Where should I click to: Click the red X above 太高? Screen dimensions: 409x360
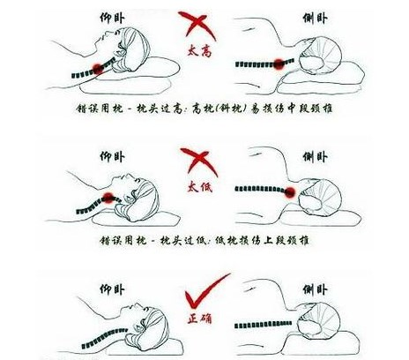(x=197, y=26)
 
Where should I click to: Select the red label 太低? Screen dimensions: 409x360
(x=200, y=187)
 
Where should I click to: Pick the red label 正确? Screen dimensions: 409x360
(x=200, y=319)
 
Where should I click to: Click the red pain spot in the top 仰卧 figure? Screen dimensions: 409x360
(x=99, y=69)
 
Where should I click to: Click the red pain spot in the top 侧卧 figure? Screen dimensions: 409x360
(x=279, y=64)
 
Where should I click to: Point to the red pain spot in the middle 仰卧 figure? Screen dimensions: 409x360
(x=109, y=198)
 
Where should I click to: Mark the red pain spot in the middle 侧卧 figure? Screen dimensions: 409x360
(x=290, y=191)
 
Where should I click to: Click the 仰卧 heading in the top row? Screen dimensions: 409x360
(x=112, y=18)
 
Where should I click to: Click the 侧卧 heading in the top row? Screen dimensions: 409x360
(x=316, y=18)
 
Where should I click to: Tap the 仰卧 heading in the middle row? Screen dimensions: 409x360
(x=112, y=157)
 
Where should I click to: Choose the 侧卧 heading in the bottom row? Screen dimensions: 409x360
(x=316, y=290)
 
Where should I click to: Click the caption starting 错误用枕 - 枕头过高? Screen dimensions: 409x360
(x=204, y=109)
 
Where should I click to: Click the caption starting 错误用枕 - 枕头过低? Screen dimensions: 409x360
(x=204, y=241)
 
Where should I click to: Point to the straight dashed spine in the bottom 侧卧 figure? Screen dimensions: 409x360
(x=264, y=325)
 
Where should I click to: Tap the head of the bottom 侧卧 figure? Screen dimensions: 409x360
(x=319, y=321)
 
